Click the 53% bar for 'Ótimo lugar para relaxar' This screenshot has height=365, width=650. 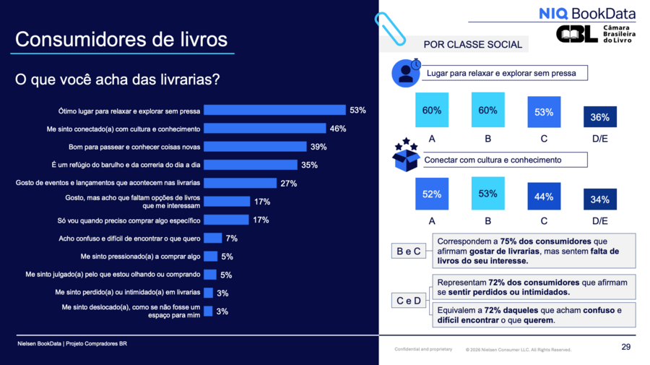(274, 110)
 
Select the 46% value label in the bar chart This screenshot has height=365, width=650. (338, 129)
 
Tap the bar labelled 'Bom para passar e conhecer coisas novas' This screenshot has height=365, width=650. (256, 147)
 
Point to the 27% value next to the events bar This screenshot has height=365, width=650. (289, 184)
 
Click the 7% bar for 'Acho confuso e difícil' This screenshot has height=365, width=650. (212, 238)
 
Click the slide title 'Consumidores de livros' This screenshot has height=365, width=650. (121, 39)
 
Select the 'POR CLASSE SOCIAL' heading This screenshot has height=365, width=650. (472, 45)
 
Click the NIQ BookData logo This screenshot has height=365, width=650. (587, 13)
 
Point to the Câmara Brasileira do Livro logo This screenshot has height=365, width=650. (595, 34)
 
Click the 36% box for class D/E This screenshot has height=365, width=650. (599, 116)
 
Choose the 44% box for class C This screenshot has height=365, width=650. (544, 196)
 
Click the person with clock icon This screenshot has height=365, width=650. (405, 72)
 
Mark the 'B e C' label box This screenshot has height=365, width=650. (409, 251)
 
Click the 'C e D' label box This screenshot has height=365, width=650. (409, 301)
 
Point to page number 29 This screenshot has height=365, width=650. (626, 348)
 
